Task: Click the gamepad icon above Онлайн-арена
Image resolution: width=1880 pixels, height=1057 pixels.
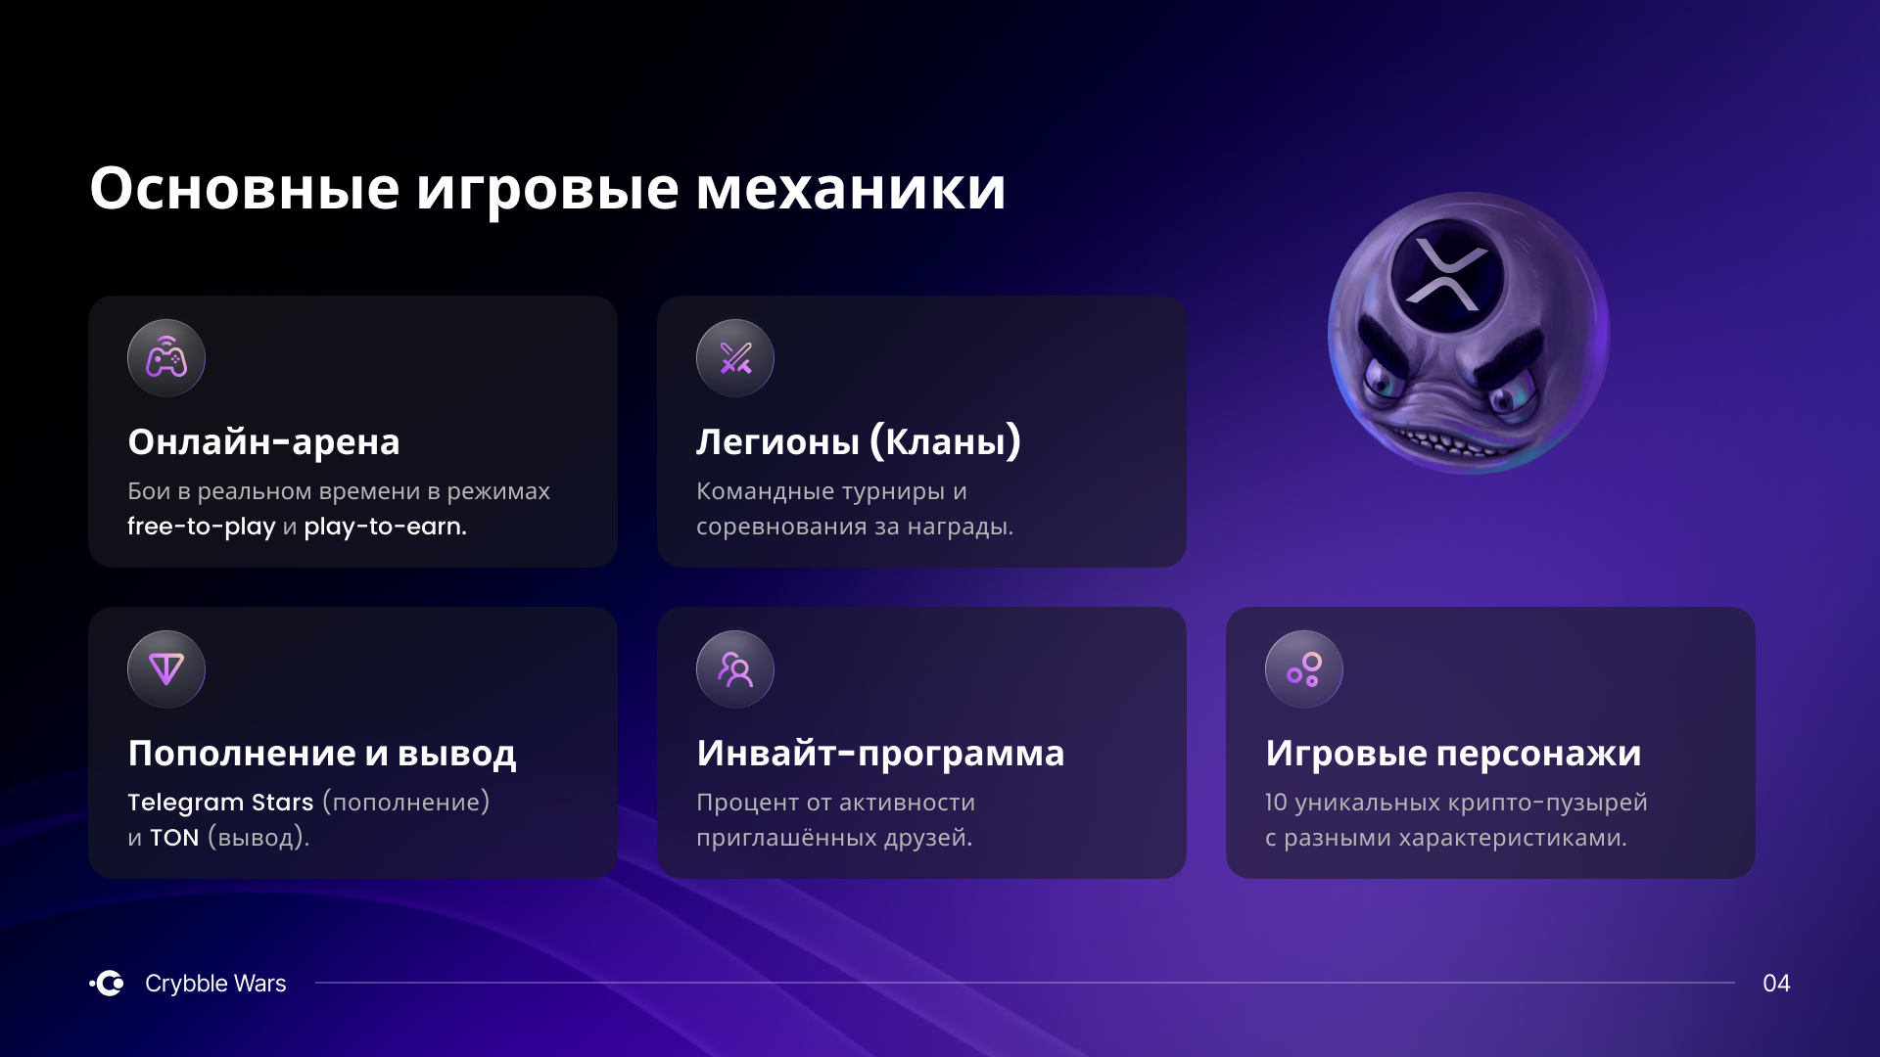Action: click(x=166, y=358)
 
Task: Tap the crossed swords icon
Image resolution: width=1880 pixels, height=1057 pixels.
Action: click(x=735, y=358)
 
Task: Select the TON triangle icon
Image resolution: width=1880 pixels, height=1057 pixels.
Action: click(x=166, y=669)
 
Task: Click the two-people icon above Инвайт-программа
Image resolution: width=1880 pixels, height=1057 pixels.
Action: click(x=735, y=669)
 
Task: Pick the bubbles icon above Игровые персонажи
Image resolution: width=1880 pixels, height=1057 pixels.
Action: click(x=1304, y=669)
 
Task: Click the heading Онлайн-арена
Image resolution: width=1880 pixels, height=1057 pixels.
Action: click(x=263, y=442)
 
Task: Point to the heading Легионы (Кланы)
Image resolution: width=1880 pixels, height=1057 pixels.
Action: click(x=859, y=441)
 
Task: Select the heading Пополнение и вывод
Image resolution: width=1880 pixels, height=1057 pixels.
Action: click(x=322, y=754)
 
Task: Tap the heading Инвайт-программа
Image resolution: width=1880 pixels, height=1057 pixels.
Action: click(x=880, y=754)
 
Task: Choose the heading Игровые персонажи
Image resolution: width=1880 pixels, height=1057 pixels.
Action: click(x=1453, y=754)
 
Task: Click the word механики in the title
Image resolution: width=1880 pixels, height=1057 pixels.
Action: click(x=851, y=188)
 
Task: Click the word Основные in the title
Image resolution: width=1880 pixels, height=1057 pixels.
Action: click(x=245, y=188)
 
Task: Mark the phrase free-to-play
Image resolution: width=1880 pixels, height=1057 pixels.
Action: click(x=202, y=527)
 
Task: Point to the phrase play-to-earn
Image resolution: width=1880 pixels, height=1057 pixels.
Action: click(x=385, y=527)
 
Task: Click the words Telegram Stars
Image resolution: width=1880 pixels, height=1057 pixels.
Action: click(x=220, y=803)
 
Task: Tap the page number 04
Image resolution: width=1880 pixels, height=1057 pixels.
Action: click(x=1776, y=984)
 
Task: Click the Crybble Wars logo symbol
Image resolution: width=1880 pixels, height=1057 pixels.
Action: click(x=107, y=983)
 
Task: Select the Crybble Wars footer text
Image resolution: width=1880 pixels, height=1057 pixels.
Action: click(x=215, y=984)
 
